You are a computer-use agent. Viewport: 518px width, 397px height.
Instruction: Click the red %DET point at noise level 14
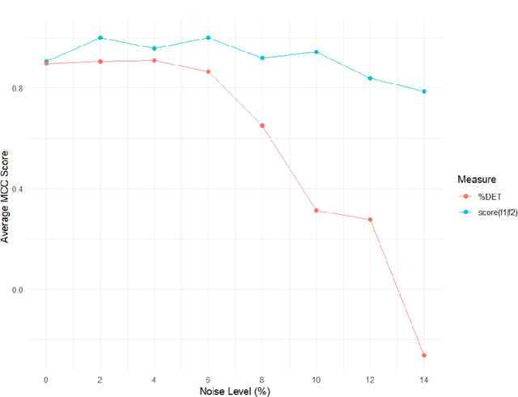pos(424,355)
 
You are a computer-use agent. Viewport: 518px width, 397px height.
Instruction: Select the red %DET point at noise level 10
pos(316,211)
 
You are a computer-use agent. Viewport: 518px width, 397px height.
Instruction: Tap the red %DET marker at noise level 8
pos(262,126)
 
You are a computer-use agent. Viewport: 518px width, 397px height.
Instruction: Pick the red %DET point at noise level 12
pos(370,220)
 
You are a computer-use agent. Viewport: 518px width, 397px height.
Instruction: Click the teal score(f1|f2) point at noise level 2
pos(100,38)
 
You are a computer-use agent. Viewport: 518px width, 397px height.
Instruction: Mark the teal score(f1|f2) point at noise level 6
pos(208,38)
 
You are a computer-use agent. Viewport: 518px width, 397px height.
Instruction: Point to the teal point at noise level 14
pos(424,92)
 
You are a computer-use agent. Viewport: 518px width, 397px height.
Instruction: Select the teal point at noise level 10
pos(316,52)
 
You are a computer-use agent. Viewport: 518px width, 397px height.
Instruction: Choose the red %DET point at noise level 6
pos(208,72)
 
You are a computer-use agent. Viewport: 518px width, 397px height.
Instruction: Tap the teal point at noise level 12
pos(370,78)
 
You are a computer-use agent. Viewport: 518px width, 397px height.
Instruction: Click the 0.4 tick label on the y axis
pos(18,189)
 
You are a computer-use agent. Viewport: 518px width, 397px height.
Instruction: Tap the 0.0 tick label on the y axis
pos(18,290)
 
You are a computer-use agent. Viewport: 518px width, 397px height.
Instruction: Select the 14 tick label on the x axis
pos(424,378)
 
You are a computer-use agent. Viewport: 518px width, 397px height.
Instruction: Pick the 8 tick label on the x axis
pos(262,378)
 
